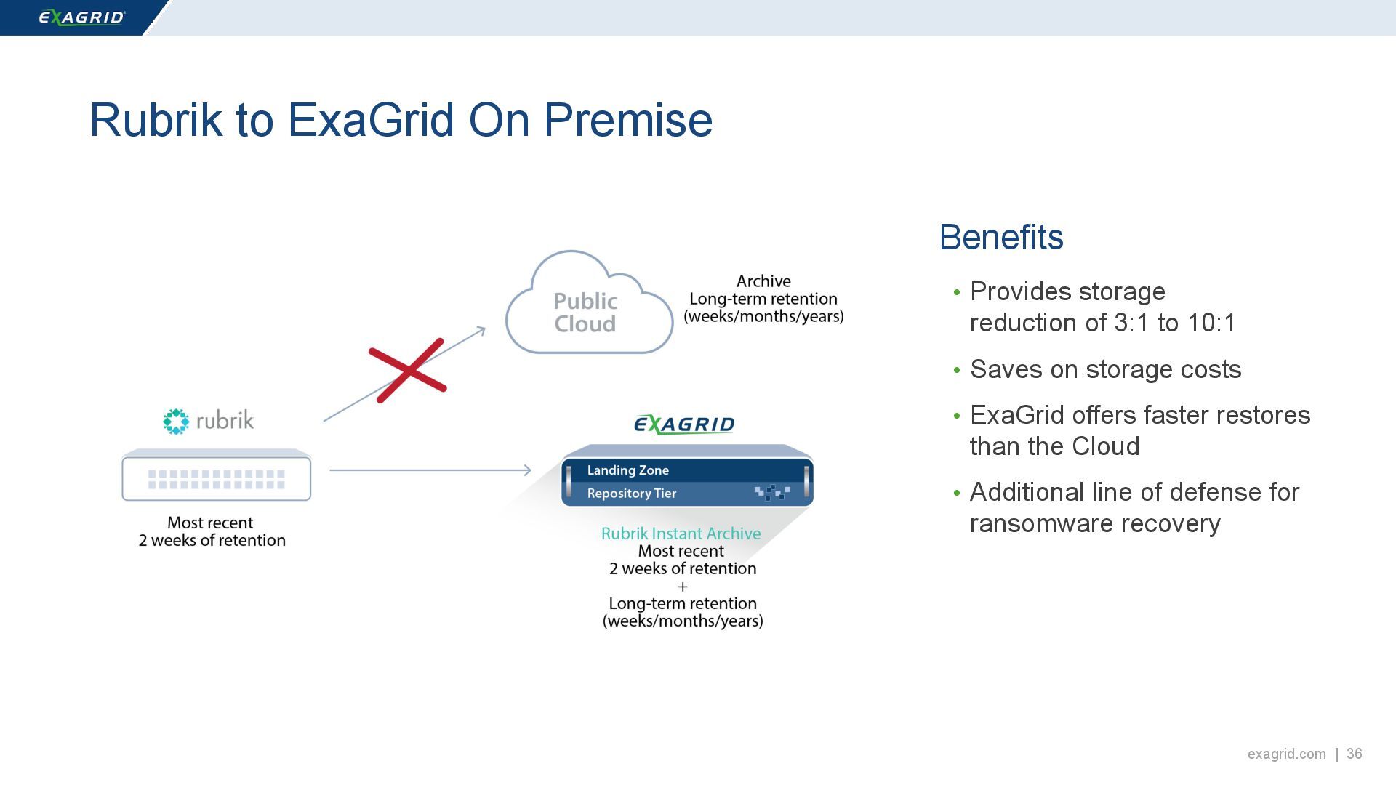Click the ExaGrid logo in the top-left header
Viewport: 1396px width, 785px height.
pos(81,17)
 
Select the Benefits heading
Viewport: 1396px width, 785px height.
pos(1000,238)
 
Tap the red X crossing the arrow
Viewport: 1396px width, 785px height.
pos(407,370)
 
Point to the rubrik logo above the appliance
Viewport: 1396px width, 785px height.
pos(209,421)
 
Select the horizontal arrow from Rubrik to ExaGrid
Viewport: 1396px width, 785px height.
pos(430,470)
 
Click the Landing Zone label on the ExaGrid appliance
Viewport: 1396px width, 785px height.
pos(627,470)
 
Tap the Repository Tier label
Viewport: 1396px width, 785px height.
pos(631,494)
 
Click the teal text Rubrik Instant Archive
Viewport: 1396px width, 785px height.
pos(681,534)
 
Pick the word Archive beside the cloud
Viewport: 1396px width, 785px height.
pos(763,281)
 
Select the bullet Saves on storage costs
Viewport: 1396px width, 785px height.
pos(1105,369)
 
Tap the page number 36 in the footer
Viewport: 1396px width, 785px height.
pos(1354,754)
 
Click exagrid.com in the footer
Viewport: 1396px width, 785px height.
pos(1286,754)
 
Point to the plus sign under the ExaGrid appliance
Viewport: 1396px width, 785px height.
pos(682,587)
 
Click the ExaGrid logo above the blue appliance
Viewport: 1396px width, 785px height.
pos(684,424)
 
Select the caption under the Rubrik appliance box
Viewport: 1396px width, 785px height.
pos(212,531)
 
